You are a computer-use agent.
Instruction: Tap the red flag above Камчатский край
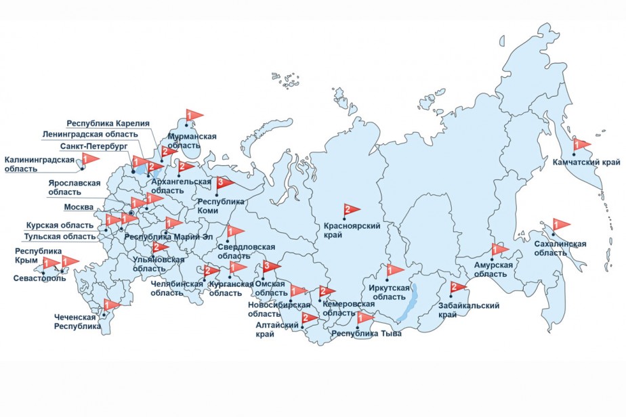click(x=581, y=144)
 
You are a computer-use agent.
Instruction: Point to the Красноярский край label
click(x=352, y=230)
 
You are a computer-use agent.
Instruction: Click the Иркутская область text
click(x=390, y=292)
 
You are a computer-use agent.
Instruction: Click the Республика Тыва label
click(x=367, y=334)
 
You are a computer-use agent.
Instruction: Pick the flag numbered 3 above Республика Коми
click(x=223, y=183)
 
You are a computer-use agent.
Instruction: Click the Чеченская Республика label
click(x=77, y=321)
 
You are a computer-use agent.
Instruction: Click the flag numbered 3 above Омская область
click(x=270, y=265)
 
